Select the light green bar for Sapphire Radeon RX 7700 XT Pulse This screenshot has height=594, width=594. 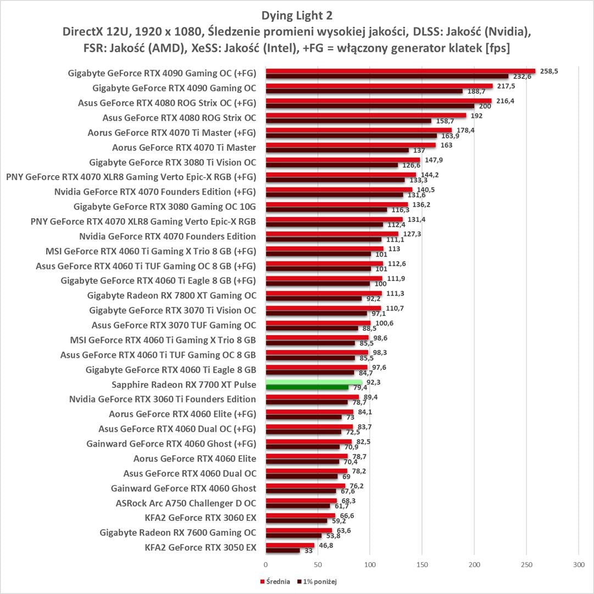pyautogui.click(x=314, y=382)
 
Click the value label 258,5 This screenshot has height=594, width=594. pyautogui.click(x=549, y=71)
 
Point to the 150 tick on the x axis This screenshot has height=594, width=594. pyautogui.click(x=422, y=564)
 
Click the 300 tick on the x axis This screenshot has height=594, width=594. pyautogui.click(x=578, y=564)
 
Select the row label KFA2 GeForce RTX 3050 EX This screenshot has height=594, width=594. pyautogui.click(x=201, y=547)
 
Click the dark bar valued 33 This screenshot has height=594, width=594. pyautogui.click(x=282, y=550)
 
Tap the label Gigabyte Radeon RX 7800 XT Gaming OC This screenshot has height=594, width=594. pyautogui.click(x=171, y=295)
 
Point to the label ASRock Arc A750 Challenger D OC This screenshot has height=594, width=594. pyautogui.click(x=186, y=503)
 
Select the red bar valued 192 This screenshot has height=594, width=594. pyautogui.click(x=365, y=115)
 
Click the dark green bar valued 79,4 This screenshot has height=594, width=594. pyautogui.click(x=307, y=387)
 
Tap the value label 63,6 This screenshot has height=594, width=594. pyautogui.click(x=344, y=530)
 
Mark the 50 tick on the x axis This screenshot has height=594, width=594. pyautogui.click(x=318, y=564)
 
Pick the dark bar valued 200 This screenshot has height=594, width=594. pyautogui.click(x=370, y=106)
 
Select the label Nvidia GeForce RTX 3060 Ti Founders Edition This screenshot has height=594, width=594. pyautogui.click(x=163, y=399)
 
